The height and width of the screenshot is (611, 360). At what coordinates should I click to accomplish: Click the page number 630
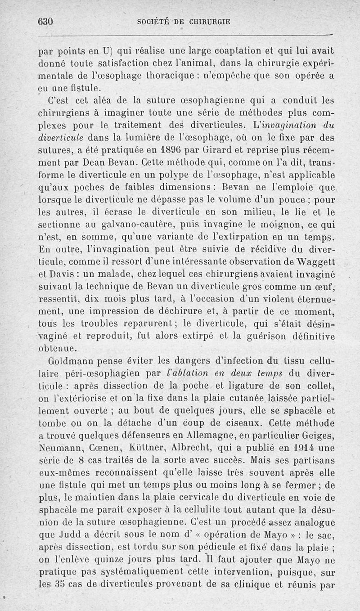pos(46,21)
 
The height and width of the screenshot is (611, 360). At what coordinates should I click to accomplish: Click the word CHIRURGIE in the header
pos(204,21)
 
